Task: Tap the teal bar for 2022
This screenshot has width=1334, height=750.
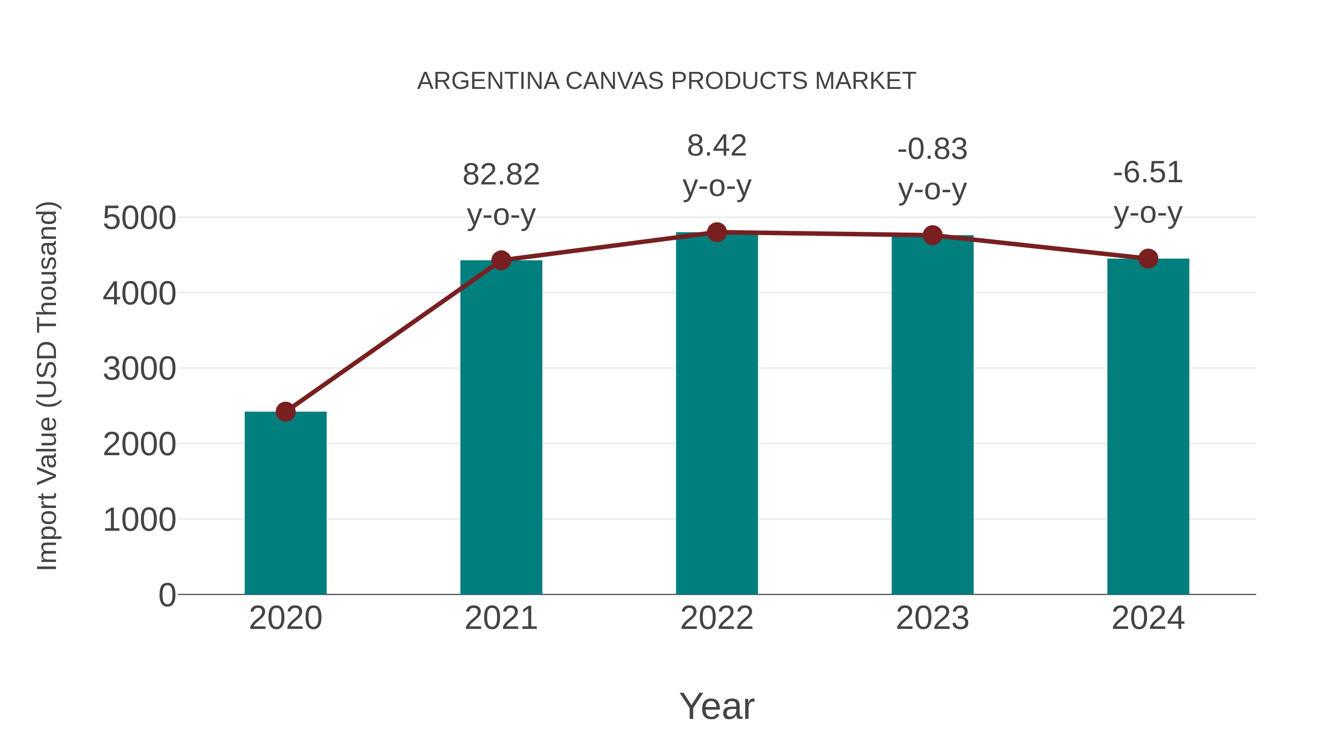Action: point(717,414)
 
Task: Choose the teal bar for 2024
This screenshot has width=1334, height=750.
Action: point(1148,427)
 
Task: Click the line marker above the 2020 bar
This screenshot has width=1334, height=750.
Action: point(285,412)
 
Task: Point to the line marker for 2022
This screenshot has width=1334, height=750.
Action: point(717,232)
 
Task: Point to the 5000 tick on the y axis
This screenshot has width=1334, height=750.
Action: point(139,218)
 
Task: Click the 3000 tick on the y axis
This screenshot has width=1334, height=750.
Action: point(139,369)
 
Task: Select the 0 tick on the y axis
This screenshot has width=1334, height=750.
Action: point(167,595)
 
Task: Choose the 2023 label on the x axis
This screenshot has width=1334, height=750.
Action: point(932,618)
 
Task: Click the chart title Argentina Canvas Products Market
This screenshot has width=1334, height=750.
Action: point(667,81)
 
